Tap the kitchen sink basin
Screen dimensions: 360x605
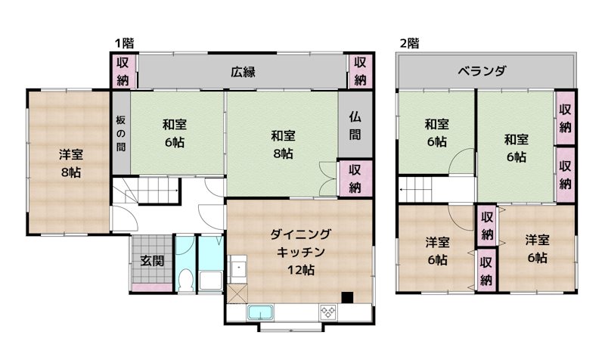(260, 312)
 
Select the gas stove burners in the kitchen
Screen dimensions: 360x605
(329, 311)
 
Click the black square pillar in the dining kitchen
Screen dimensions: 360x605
(346, 297)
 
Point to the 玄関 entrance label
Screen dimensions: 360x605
(151, 261)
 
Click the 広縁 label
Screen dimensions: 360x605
(243, 73)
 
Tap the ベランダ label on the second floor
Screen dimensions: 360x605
(482, 72)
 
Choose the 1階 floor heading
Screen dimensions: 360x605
(125, 43)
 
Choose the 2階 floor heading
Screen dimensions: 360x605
(409, 43)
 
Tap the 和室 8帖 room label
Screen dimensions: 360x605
(283, 144)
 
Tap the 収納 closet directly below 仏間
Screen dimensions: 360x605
(355, 178)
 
